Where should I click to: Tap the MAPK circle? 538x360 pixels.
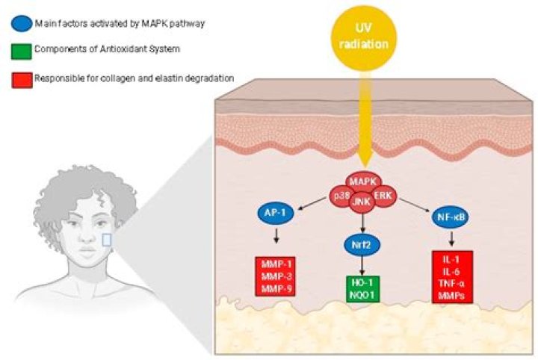(x=363, y=181)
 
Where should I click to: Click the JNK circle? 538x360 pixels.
(x=363, y=200)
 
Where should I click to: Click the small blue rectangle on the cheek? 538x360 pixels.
(x=107, y=239)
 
